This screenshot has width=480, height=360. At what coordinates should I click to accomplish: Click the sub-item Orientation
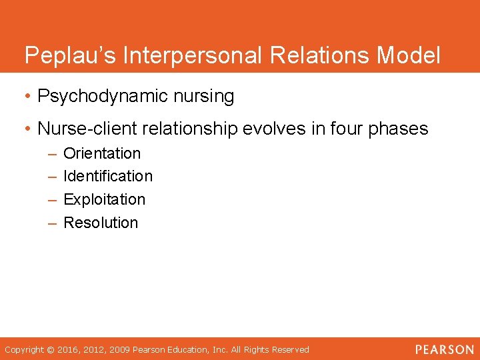102,153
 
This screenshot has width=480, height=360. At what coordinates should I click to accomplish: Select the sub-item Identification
108,176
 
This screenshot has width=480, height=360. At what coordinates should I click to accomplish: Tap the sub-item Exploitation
104,199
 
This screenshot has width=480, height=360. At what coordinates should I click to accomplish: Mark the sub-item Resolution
101,223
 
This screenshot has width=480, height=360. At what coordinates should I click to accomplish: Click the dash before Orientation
52,154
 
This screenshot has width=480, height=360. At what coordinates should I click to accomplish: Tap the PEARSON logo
444,349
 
